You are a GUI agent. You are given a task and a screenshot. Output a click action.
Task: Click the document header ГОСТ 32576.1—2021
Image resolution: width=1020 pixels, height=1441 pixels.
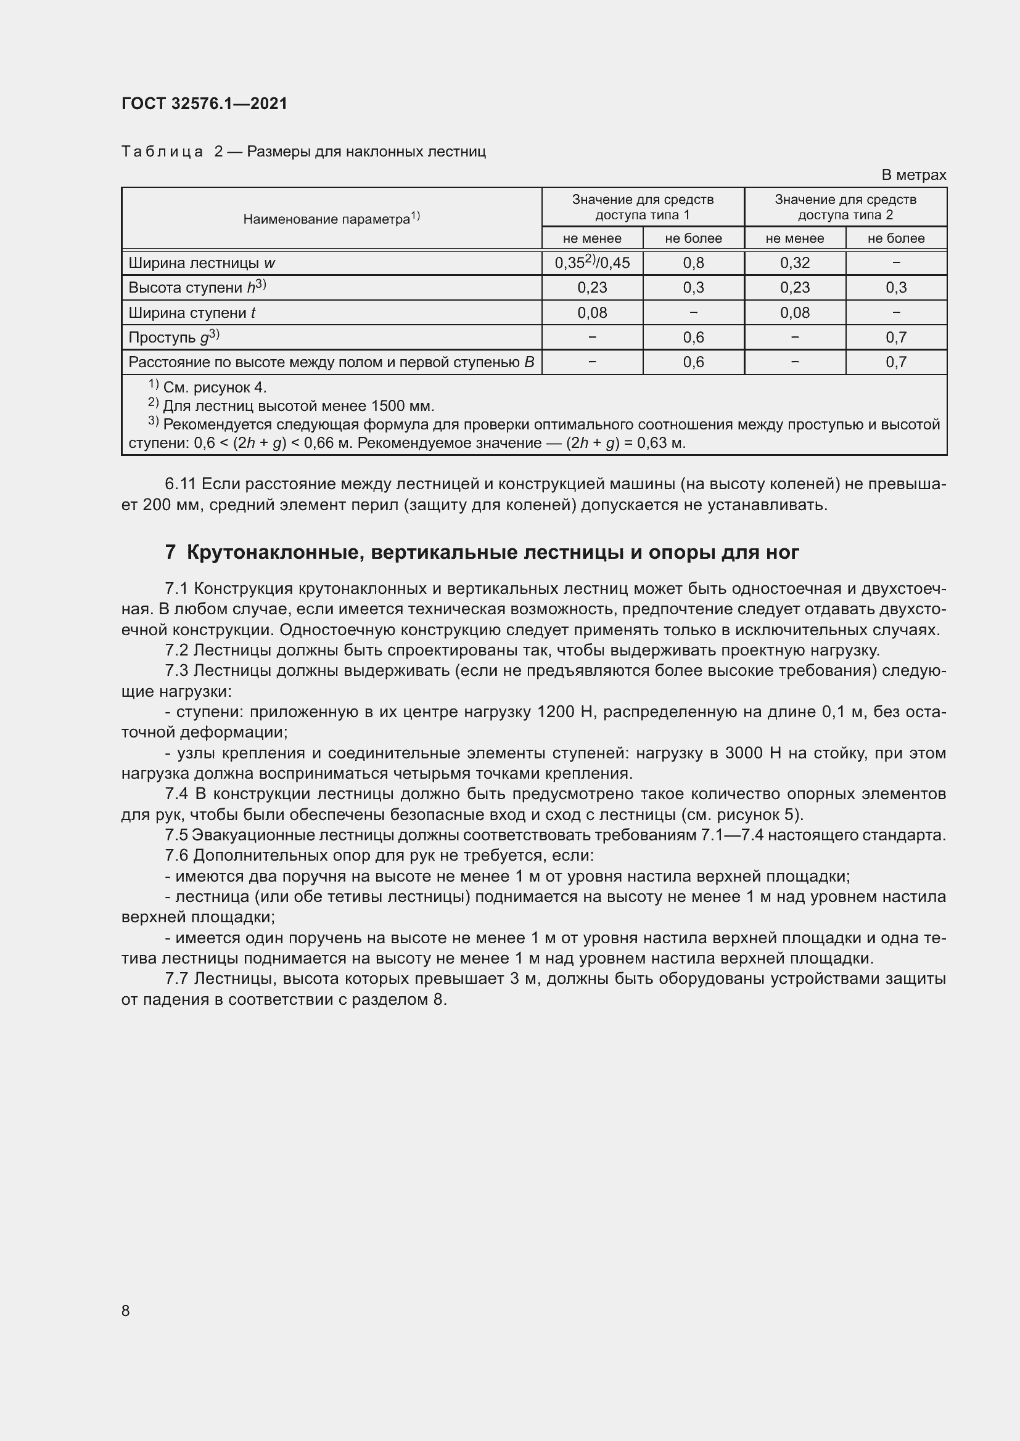[x=204, y=104]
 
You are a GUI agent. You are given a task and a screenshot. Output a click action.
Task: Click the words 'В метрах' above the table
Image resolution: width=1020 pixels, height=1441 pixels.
[x=913, y=175]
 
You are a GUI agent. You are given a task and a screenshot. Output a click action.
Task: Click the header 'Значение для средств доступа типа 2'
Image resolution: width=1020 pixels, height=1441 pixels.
[x=845, y=207]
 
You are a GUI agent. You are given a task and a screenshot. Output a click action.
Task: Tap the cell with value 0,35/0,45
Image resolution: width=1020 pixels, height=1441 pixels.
[x=591, y=263]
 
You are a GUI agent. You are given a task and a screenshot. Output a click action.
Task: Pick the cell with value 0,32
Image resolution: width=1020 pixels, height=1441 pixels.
[x=794, y=263]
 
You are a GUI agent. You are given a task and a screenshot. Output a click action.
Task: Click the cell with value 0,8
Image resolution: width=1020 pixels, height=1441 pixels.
[x=693, y=263]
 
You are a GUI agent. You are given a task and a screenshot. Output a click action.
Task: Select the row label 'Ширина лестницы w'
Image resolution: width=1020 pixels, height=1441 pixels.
[x=202, y=263]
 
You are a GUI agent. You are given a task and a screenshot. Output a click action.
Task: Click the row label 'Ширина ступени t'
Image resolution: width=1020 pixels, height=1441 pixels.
[x=192, y=312]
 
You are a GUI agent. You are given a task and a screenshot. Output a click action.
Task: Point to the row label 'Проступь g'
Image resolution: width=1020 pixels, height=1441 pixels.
[x=173, y=338]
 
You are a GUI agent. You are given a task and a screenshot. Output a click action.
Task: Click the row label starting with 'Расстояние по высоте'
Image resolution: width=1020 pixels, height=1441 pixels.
[x=331, y=362]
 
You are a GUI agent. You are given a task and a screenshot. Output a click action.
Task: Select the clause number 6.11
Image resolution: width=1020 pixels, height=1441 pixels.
[x=180, y=484]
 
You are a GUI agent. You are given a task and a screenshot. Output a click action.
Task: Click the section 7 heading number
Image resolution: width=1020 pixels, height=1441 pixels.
[x=170, y=552]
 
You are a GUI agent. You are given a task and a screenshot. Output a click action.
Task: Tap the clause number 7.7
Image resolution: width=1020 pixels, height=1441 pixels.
[x=178, y=978]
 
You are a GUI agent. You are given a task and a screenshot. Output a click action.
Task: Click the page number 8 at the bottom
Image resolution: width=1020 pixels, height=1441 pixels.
[x=126, y=1311]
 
